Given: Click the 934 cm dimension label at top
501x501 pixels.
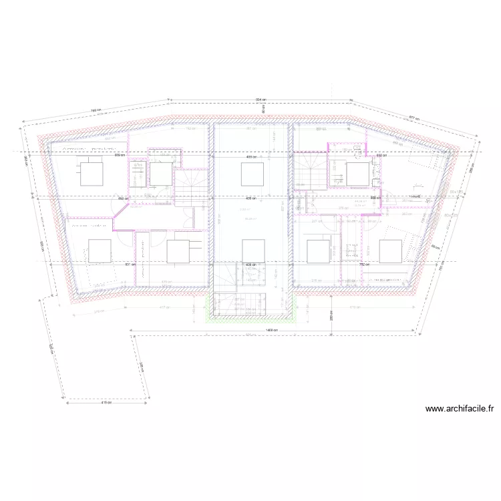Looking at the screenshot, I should coord(261,99).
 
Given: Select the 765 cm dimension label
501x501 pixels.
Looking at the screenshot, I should coord(96,112).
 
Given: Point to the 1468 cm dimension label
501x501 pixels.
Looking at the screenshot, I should coord(271,331).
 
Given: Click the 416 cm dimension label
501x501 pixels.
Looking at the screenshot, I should coord(106,403).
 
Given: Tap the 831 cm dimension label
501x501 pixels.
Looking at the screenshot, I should coord(130,265).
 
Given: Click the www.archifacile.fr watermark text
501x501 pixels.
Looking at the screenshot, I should coord(461,409).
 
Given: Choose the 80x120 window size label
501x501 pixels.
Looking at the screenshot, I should coord(452,215).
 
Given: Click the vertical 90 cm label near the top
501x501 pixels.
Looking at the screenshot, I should coord(263,111).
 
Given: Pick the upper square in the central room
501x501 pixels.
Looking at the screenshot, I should coord(251,175).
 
